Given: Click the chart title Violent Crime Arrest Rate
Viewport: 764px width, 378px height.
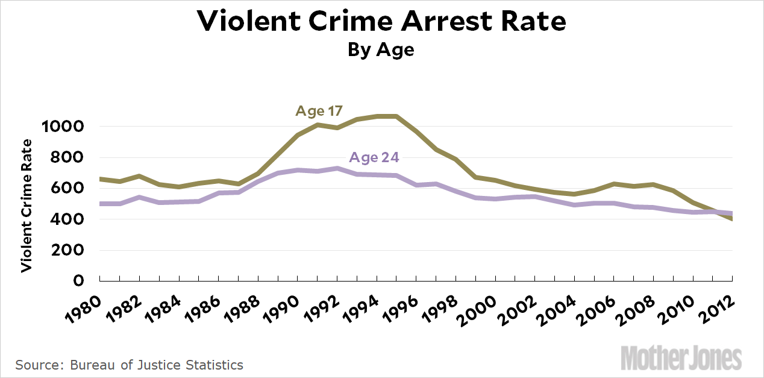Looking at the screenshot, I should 381,22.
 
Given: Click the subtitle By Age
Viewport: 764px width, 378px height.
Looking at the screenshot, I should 381,49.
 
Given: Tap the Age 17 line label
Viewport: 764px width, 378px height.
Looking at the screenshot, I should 319,111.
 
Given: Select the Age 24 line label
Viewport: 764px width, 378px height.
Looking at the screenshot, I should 374,158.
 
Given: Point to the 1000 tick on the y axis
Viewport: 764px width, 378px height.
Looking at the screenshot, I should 61,127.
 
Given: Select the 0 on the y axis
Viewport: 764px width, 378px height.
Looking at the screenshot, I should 79,281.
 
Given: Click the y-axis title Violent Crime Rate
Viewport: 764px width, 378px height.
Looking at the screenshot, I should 27,206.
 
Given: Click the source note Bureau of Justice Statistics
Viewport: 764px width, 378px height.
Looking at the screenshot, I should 129,365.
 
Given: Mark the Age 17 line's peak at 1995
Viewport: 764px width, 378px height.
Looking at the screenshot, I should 396,116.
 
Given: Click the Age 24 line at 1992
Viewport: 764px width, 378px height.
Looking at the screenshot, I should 337,168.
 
